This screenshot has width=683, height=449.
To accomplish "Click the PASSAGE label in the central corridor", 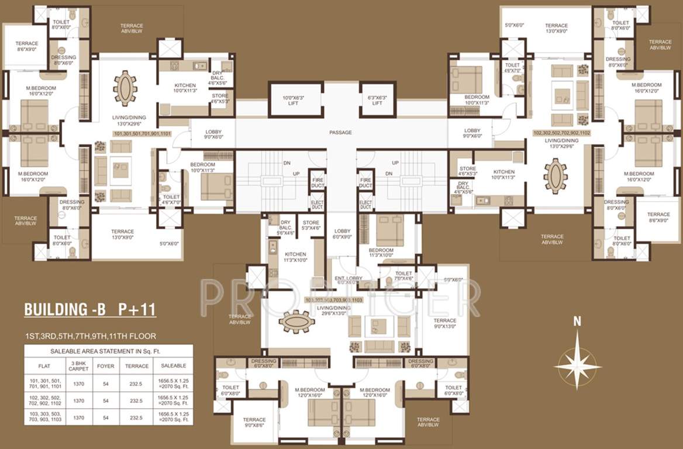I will (x=340, y=133).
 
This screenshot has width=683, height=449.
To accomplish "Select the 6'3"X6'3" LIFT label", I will (x=377, y=100).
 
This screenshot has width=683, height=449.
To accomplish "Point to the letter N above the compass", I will (x=577, y=321).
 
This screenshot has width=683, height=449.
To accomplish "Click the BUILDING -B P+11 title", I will (x=90, y=309).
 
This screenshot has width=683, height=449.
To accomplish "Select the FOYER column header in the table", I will (x=105, y=365).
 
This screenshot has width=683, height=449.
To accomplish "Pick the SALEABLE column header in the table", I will (x=173, y=365).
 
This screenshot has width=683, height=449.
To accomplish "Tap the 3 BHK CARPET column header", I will (x=78, y=365).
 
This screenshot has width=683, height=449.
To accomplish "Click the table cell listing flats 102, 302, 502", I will (x=44, y=401).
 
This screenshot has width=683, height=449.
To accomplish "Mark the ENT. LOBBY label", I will (x=348, y=279).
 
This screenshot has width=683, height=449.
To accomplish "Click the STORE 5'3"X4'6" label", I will (x=311, y=226).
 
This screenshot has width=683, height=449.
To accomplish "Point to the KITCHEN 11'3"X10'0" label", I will (x=295, y=257).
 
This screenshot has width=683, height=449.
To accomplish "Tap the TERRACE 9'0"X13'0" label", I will (x=444, y=324).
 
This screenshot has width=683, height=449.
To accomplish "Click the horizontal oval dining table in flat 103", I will (x=296, y=321).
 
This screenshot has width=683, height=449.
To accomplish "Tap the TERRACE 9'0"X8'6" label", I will (x=254, y=423).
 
